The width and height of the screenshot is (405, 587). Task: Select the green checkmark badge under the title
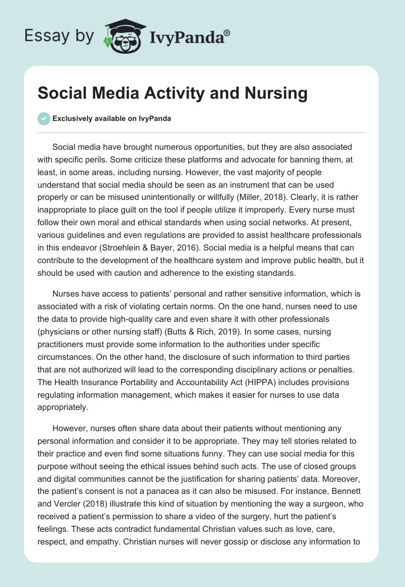point(44,118)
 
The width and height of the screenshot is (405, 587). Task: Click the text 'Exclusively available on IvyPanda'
point(112,118)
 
